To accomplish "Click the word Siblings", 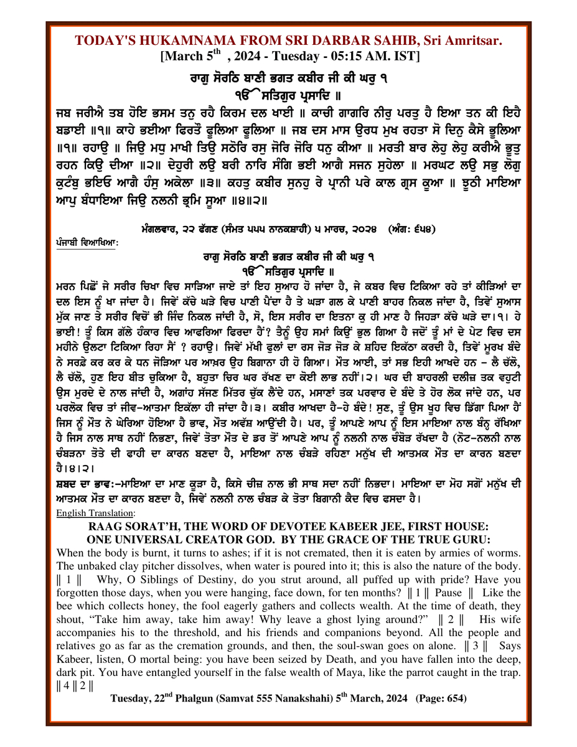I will pyautogui.click(x=159, y=580).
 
